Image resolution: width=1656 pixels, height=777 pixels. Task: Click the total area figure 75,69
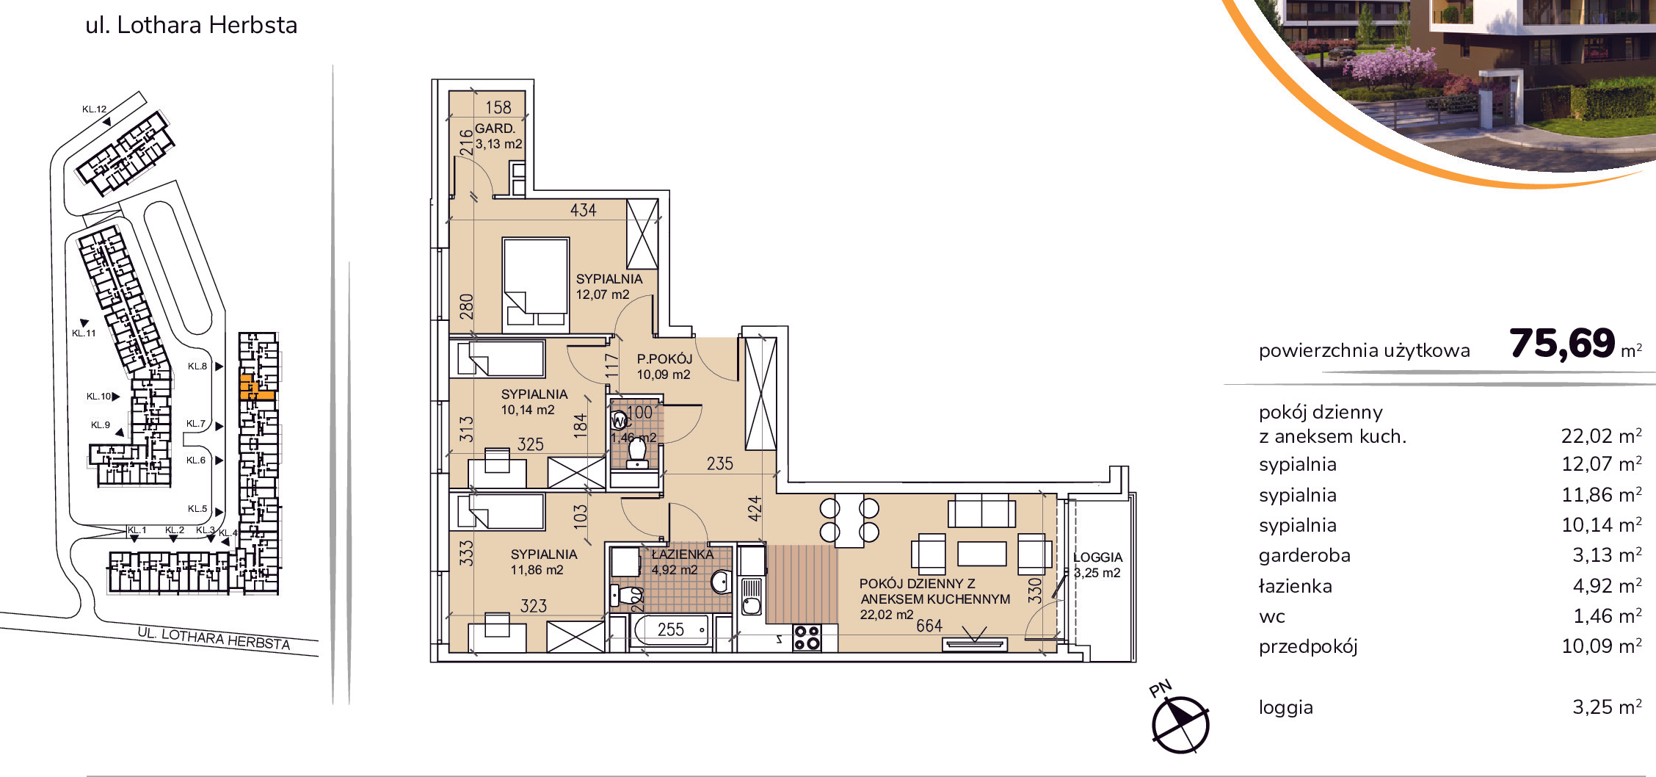1562,344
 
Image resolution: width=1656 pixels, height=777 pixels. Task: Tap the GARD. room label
495,129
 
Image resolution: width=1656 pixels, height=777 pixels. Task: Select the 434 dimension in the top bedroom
584,210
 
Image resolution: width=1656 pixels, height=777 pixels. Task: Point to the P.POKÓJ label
664,359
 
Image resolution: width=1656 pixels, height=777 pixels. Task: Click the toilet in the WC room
637,452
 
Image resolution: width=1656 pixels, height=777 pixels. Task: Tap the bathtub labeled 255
671,630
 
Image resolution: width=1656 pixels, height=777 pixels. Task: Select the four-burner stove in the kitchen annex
807,637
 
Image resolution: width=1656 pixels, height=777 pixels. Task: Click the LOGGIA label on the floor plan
1097,557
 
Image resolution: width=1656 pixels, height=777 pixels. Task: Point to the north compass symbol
1180,724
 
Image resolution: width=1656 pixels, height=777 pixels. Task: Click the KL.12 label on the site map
94,109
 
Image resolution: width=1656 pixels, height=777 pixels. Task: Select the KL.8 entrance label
197,366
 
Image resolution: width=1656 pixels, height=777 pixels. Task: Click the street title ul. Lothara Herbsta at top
192,25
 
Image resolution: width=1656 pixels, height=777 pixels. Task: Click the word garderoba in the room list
1304,556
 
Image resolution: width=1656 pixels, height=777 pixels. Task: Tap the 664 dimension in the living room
929,626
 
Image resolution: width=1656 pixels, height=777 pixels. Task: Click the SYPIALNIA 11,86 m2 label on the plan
543,562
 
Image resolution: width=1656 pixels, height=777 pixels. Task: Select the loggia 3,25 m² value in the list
1607,706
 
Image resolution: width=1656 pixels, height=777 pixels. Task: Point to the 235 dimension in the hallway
720,463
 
